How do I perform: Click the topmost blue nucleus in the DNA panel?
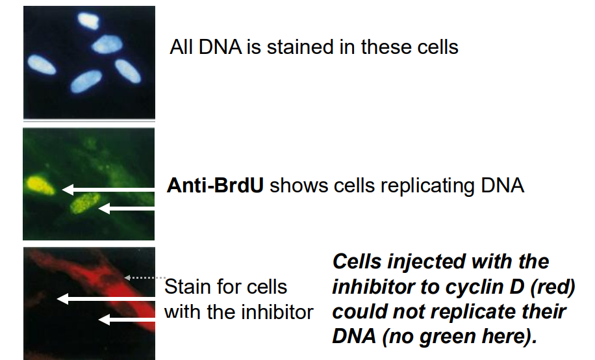point(88,19)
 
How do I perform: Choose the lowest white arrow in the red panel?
point(127,319)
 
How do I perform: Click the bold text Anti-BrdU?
point(215,186)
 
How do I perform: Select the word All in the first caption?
point(183,47)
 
